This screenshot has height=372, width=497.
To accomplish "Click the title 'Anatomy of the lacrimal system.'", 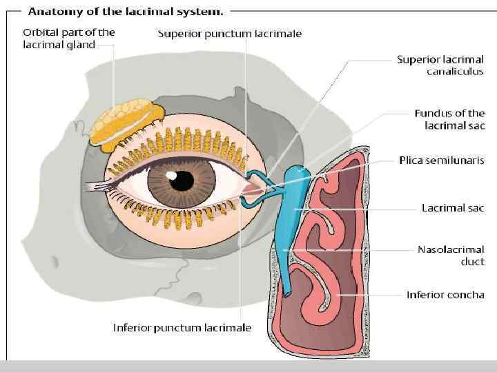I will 125,10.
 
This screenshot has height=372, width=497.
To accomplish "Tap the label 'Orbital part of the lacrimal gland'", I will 69,39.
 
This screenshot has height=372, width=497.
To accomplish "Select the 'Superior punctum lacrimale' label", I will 230,33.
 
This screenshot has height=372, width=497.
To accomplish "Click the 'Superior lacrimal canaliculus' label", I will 440,65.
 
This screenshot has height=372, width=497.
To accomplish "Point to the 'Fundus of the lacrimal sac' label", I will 449,119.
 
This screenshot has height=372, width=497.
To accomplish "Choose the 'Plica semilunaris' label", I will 442,161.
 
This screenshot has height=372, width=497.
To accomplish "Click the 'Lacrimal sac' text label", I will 453,207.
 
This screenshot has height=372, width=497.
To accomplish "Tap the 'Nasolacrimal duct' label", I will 451,256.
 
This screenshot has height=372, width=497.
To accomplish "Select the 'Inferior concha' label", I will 445,295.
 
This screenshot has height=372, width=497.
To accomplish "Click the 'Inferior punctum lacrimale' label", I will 182,328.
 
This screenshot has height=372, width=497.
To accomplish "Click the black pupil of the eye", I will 182,181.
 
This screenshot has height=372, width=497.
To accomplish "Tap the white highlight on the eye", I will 170,176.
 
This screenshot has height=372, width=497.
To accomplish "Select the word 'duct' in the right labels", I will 473,262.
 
